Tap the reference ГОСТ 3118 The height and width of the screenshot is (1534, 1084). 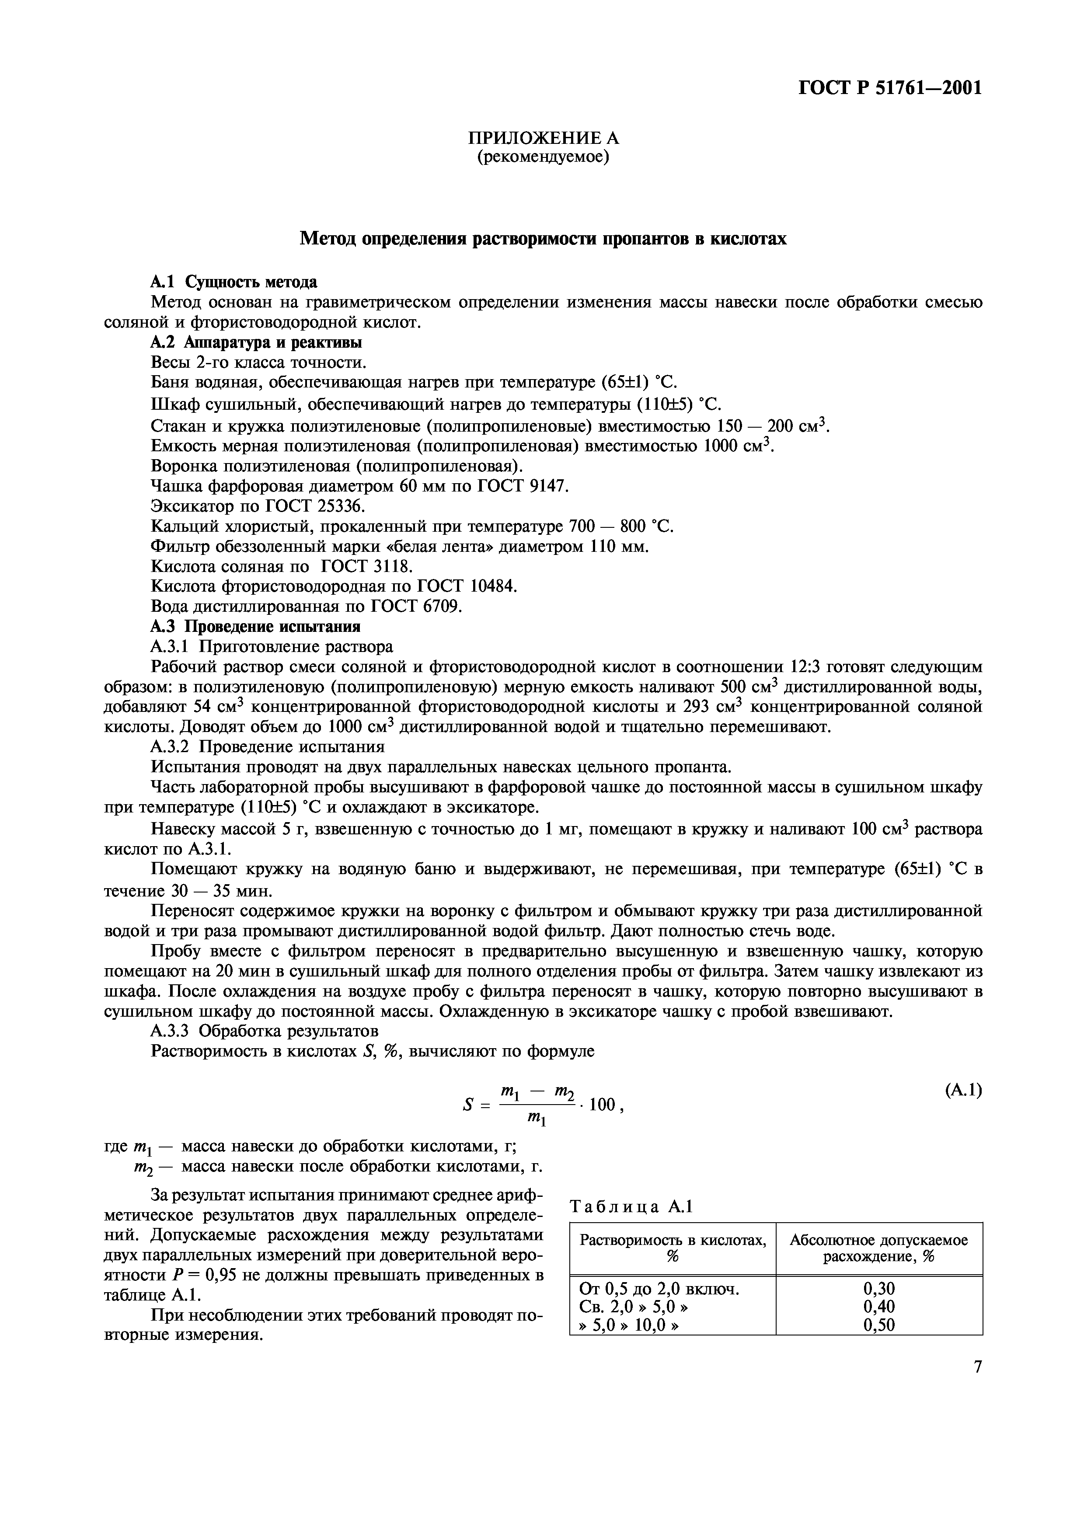coord(367,567)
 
